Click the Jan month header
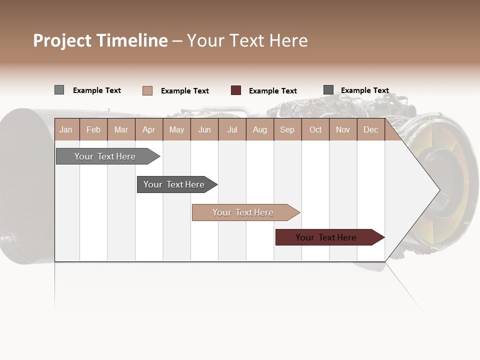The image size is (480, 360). (x=66, y=129)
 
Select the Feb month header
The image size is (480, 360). (x=93, y=129)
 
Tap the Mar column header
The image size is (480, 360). (x=121, y=129)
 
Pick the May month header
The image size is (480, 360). (x=176, y=129)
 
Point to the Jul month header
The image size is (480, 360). (x=232, y=129)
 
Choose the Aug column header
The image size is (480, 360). (x=259, y=129)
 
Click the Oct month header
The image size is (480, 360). (x=315, y=129)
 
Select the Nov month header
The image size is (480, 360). (x=343, y=129)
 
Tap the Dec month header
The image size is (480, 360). (x=370, y=129)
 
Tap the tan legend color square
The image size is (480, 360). (x=147, y=90)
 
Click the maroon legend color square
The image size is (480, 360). (x=236, y=90)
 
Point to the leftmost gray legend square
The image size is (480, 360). (x=59, y=90)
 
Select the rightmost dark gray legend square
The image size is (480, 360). (x=328, y=90)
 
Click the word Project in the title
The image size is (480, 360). (x=63, y=40)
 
